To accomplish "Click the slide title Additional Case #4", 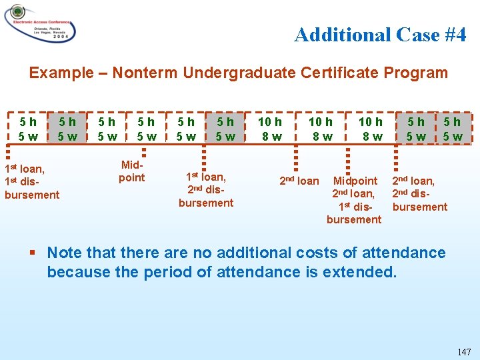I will click(x=380, y=35).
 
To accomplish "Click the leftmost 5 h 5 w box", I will click(x=28, y=129).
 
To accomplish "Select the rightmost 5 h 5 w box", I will click(x=452, y=129).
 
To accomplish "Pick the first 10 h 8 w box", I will click(x=270, y=129).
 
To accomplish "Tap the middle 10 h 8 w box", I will click(x=321, y=129).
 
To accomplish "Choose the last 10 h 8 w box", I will click(x=371, y=129).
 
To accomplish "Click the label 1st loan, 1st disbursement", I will click(x=31, y=182).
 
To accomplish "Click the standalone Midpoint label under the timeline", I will click(x=131, y=171).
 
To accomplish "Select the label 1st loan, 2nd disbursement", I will click(x=206, y=189).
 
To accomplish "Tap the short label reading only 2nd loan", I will click(x=299, y=181).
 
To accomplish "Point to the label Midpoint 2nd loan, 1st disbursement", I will click(x=355, y=200).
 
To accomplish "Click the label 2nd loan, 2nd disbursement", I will click(x=419, y=193).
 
